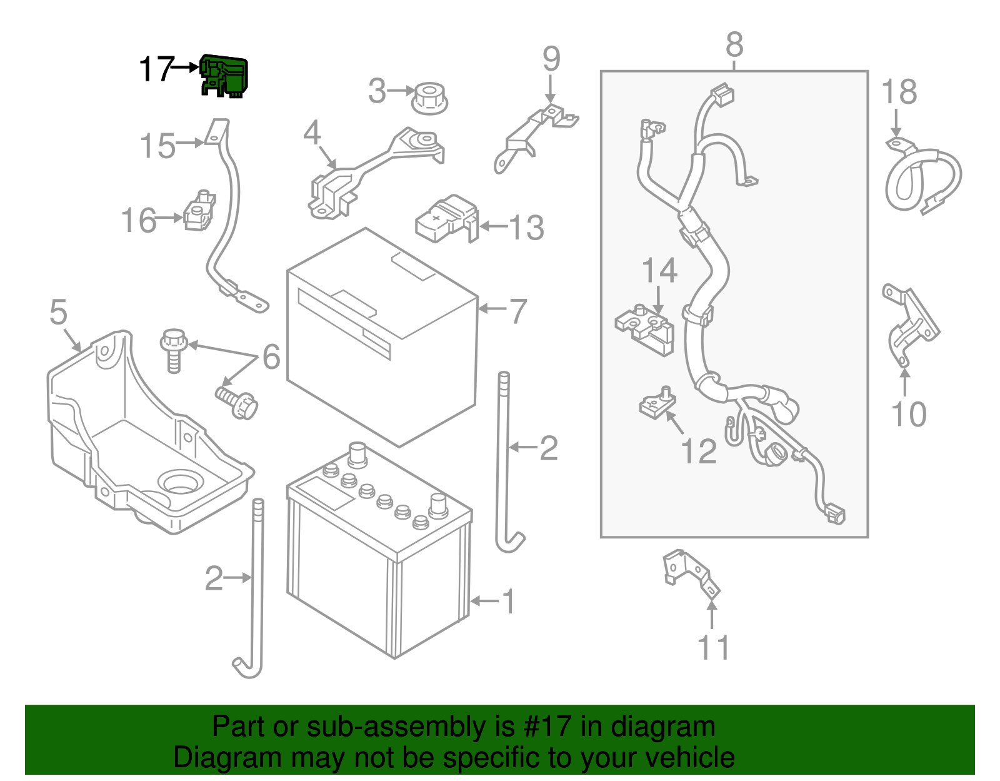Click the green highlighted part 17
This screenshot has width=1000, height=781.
click(224, 76)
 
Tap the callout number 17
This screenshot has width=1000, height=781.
click(156, 69)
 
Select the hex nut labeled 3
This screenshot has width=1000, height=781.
click(429, 99)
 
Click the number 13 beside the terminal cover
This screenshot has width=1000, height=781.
click(526, 228)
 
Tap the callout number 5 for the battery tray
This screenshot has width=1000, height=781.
click(58, 312)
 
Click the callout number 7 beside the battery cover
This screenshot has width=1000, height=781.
click(517, 311)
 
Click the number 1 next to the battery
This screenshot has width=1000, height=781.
click(509, 602)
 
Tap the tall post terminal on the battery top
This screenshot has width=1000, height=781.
click(357, 454)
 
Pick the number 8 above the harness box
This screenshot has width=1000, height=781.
click(734, 45)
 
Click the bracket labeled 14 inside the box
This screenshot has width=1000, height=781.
click(646, 328)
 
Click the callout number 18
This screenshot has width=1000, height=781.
click(899, 92)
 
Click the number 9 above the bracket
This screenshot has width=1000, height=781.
click(551, 59)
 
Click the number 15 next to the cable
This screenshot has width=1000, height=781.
click(157, 146)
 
